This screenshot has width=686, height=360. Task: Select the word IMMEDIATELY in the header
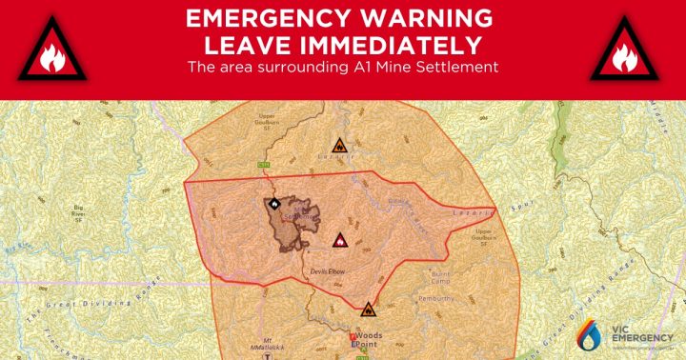[x=401, y=44]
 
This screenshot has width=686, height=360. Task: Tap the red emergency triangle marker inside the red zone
[x=337, y=240]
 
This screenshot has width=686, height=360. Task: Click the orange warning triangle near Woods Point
[x=368, y=309]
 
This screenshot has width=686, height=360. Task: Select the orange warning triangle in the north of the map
[x=338, y=148]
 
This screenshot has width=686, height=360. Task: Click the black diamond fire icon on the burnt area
[x=273, y=203]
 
